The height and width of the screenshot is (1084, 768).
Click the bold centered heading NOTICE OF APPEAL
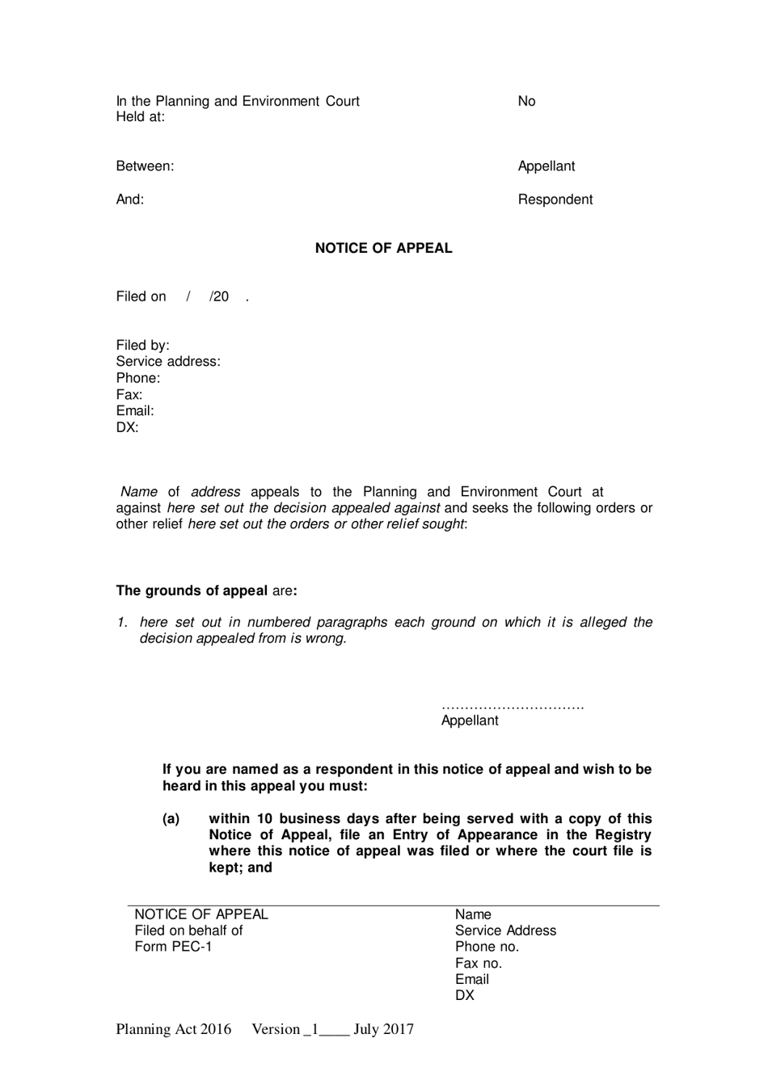click(383, 248)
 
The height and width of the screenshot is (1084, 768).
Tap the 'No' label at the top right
click(526, 101)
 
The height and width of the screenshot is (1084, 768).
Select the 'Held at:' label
click(140, 117)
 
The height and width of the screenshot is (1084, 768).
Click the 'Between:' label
click(145, 166)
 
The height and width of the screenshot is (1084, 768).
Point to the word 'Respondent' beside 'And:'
click(555, 200)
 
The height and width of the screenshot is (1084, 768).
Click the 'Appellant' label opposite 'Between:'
click(546, 166)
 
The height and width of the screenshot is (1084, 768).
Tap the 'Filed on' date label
click(141, 296)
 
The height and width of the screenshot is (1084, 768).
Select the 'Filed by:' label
click(142, 346)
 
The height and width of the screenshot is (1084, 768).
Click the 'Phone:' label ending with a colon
click(137, 378)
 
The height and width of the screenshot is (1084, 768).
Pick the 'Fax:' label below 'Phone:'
click(129, 395)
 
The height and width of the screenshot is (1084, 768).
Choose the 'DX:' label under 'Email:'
click(127, 427)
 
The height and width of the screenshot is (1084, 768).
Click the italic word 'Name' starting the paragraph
click(138, 492)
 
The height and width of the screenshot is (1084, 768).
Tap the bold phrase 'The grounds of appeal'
click(192, 590)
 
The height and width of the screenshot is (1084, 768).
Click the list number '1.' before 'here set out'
click(122, 622)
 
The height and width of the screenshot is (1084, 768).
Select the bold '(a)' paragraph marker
click(171, 819)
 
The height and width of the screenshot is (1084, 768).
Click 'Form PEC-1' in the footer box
click(173, 947)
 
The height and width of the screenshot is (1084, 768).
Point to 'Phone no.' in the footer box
click(487, 947)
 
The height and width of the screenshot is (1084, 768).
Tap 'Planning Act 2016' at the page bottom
click(173, 1029)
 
